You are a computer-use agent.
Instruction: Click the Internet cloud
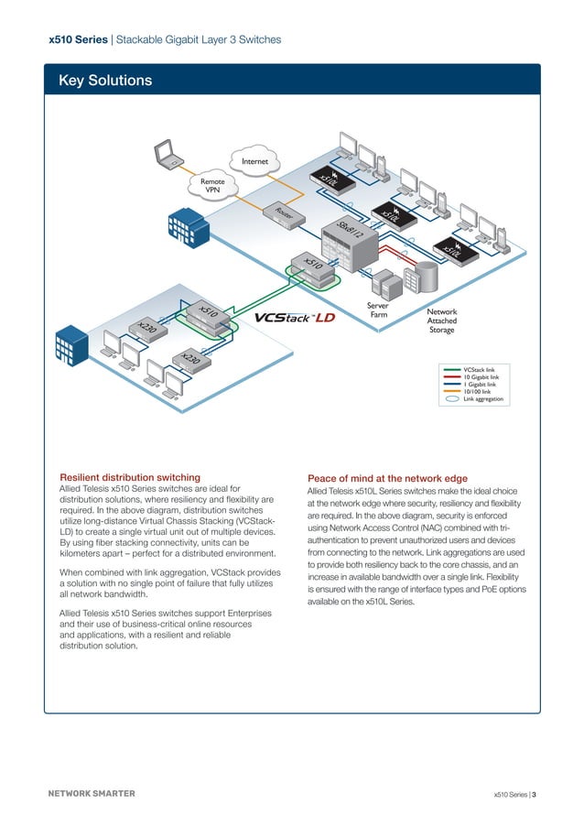pyautogui.click(x=254, y=162)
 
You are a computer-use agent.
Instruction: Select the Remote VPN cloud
pyautogui.click(x=213, y=186)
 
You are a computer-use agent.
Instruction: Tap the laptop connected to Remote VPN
pyautogui.click(x=168, y=155)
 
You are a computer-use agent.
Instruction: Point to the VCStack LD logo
pyautogui.click(x=295, y=318)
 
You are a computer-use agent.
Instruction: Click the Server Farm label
pyautogui.click(x=378, y=311)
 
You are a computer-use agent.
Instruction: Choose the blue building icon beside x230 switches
pyautogui.click(x=70, y=344)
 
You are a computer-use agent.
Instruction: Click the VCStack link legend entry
pyautogui.click(x=478, y=369)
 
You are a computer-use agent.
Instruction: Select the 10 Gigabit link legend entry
pyautogui.click(x=481, y=376)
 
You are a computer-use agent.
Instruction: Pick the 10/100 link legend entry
pyautogui.click(x=478, y=391)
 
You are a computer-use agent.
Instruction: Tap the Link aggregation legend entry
pyautogui.click(x=482, y=398)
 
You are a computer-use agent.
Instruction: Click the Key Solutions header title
pyautogui.click(x=105, y=82)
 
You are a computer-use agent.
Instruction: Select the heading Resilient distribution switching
pyautogui.click(x=130, y=477)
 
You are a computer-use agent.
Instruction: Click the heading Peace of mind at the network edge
pyautogui.click(x=387, y=478)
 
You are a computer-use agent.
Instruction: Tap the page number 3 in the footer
pyautogui.click(x=534, y=794)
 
